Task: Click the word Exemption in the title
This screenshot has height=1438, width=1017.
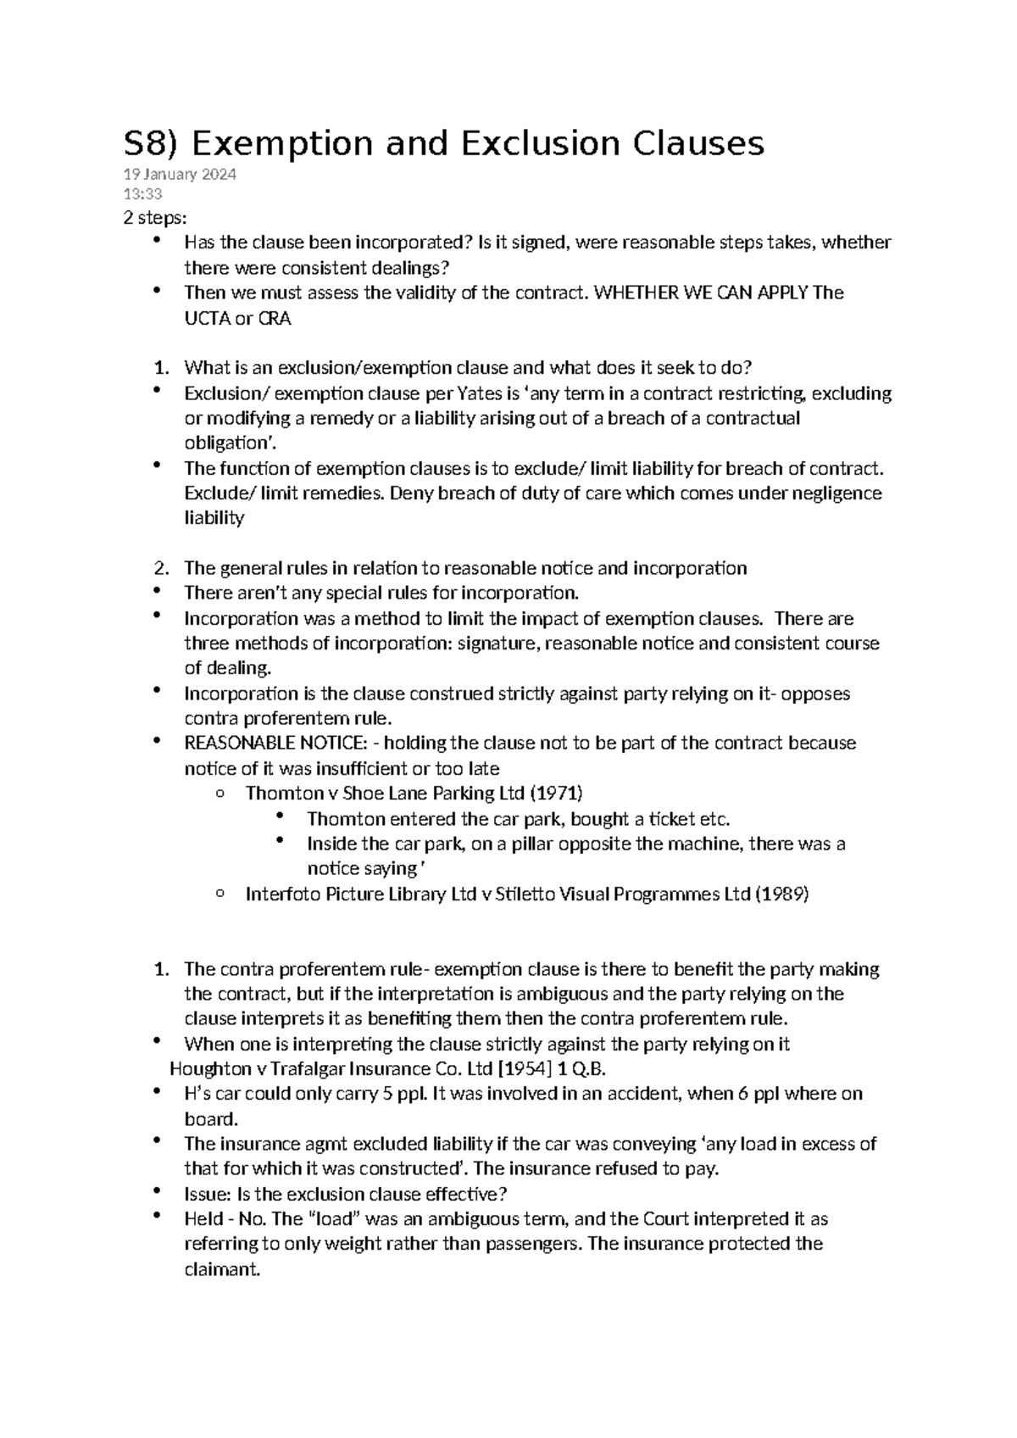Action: tap(281, 144)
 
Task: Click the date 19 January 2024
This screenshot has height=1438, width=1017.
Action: tap(180, 176)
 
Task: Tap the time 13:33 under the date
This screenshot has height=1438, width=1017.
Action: tap(142, 194)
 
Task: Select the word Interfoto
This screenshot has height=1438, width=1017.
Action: tap(281, 894)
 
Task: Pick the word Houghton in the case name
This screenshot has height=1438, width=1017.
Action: tap(206, 1068)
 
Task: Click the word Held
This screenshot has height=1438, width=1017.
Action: tap(203, 1219)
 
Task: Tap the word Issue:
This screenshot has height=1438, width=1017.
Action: tap(208, 1194)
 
